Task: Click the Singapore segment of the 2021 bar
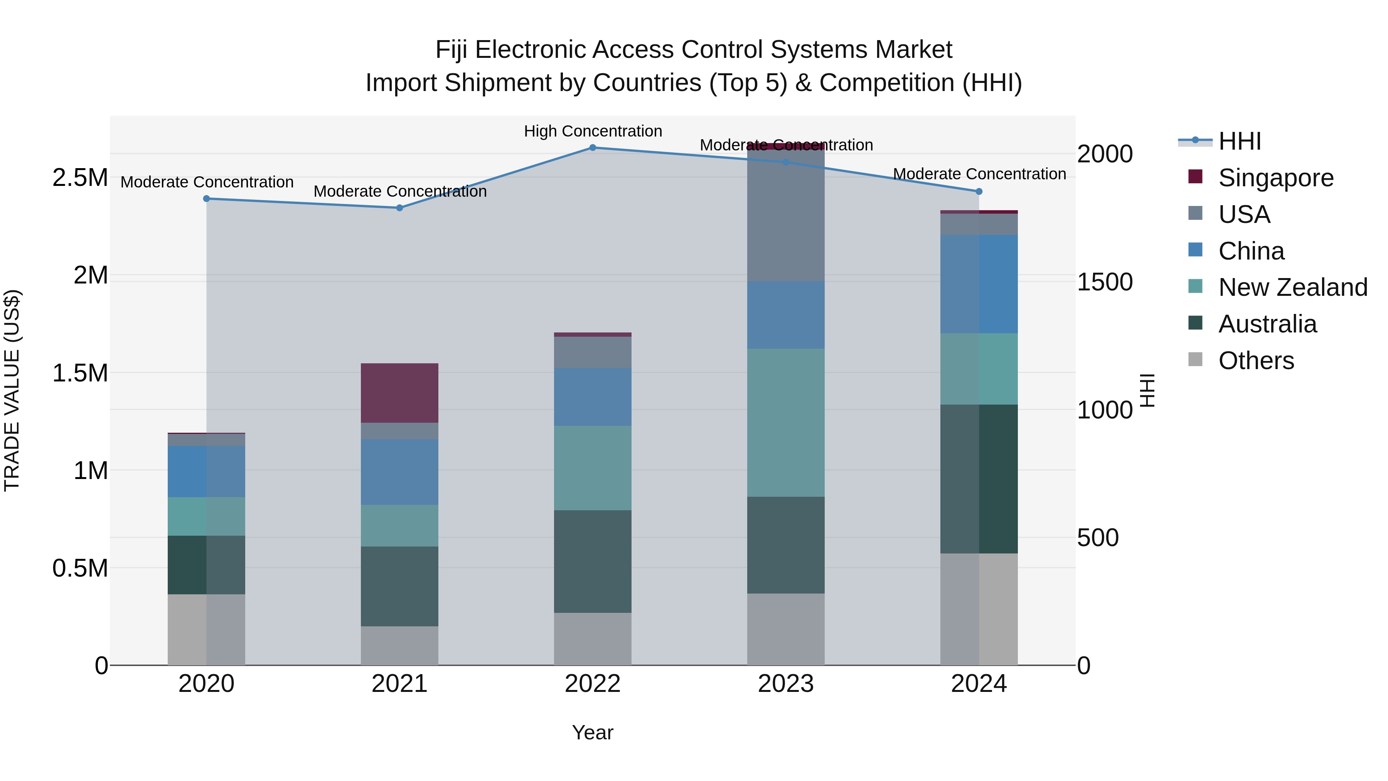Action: (399, 393)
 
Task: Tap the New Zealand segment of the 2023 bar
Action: (786, 423)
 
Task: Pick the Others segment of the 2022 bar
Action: (593, 639)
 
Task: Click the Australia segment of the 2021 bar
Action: (399, 586)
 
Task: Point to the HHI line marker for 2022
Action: (593, 148)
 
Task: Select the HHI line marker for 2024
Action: (979, 191)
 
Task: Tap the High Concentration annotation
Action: (593, 131)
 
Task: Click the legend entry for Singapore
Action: (1276, 178)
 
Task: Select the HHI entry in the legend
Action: (1239, 141)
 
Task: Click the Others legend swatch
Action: (1195, 359)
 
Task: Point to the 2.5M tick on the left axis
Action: (80, 178)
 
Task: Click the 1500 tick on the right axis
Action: (1105, 282)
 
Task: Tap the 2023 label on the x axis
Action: (786, 684)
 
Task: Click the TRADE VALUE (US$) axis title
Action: (12, 390)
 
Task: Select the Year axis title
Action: (593, 732)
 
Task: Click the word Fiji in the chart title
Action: (451, 50)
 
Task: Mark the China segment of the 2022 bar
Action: (593, 397)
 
